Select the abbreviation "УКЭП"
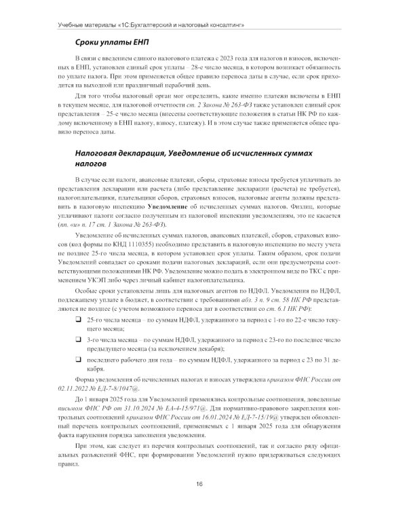[x=98, y=280]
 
